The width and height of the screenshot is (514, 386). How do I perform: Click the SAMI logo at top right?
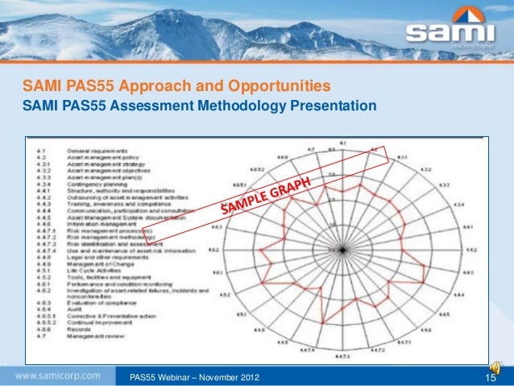tap(451, 32)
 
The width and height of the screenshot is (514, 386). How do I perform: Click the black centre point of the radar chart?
tap(342, 251)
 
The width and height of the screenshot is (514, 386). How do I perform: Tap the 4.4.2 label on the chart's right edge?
tap(479, 251)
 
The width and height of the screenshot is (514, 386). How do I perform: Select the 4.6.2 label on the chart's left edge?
tap(215, 251)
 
